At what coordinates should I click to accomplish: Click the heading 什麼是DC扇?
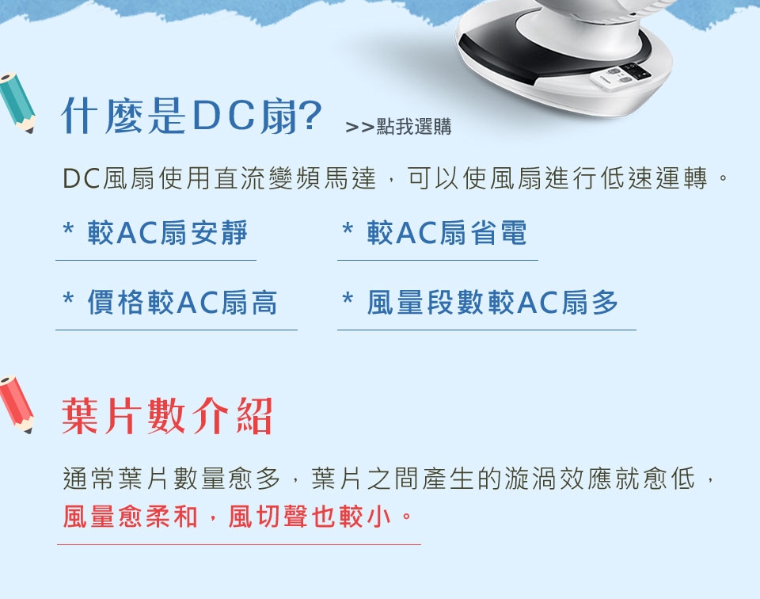(x=191, y=116)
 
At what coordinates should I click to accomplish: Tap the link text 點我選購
(x=414, y=127)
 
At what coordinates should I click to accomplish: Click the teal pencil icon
(x=17, y=103)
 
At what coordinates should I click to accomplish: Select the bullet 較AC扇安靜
(x=167, y=232)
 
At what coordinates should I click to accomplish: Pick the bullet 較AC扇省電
(x=446, y=232)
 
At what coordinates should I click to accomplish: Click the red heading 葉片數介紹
(x=167, y=416)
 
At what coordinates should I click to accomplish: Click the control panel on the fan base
(x=621, y=75)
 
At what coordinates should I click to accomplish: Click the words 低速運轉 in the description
(x=654, y=178)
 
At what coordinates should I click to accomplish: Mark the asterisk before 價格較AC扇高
(x=68, y=298)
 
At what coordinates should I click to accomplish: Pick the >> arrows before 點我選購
(x=359, y=128)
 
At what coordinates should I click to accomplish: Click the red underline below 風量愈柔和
(x=239, y=544)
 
